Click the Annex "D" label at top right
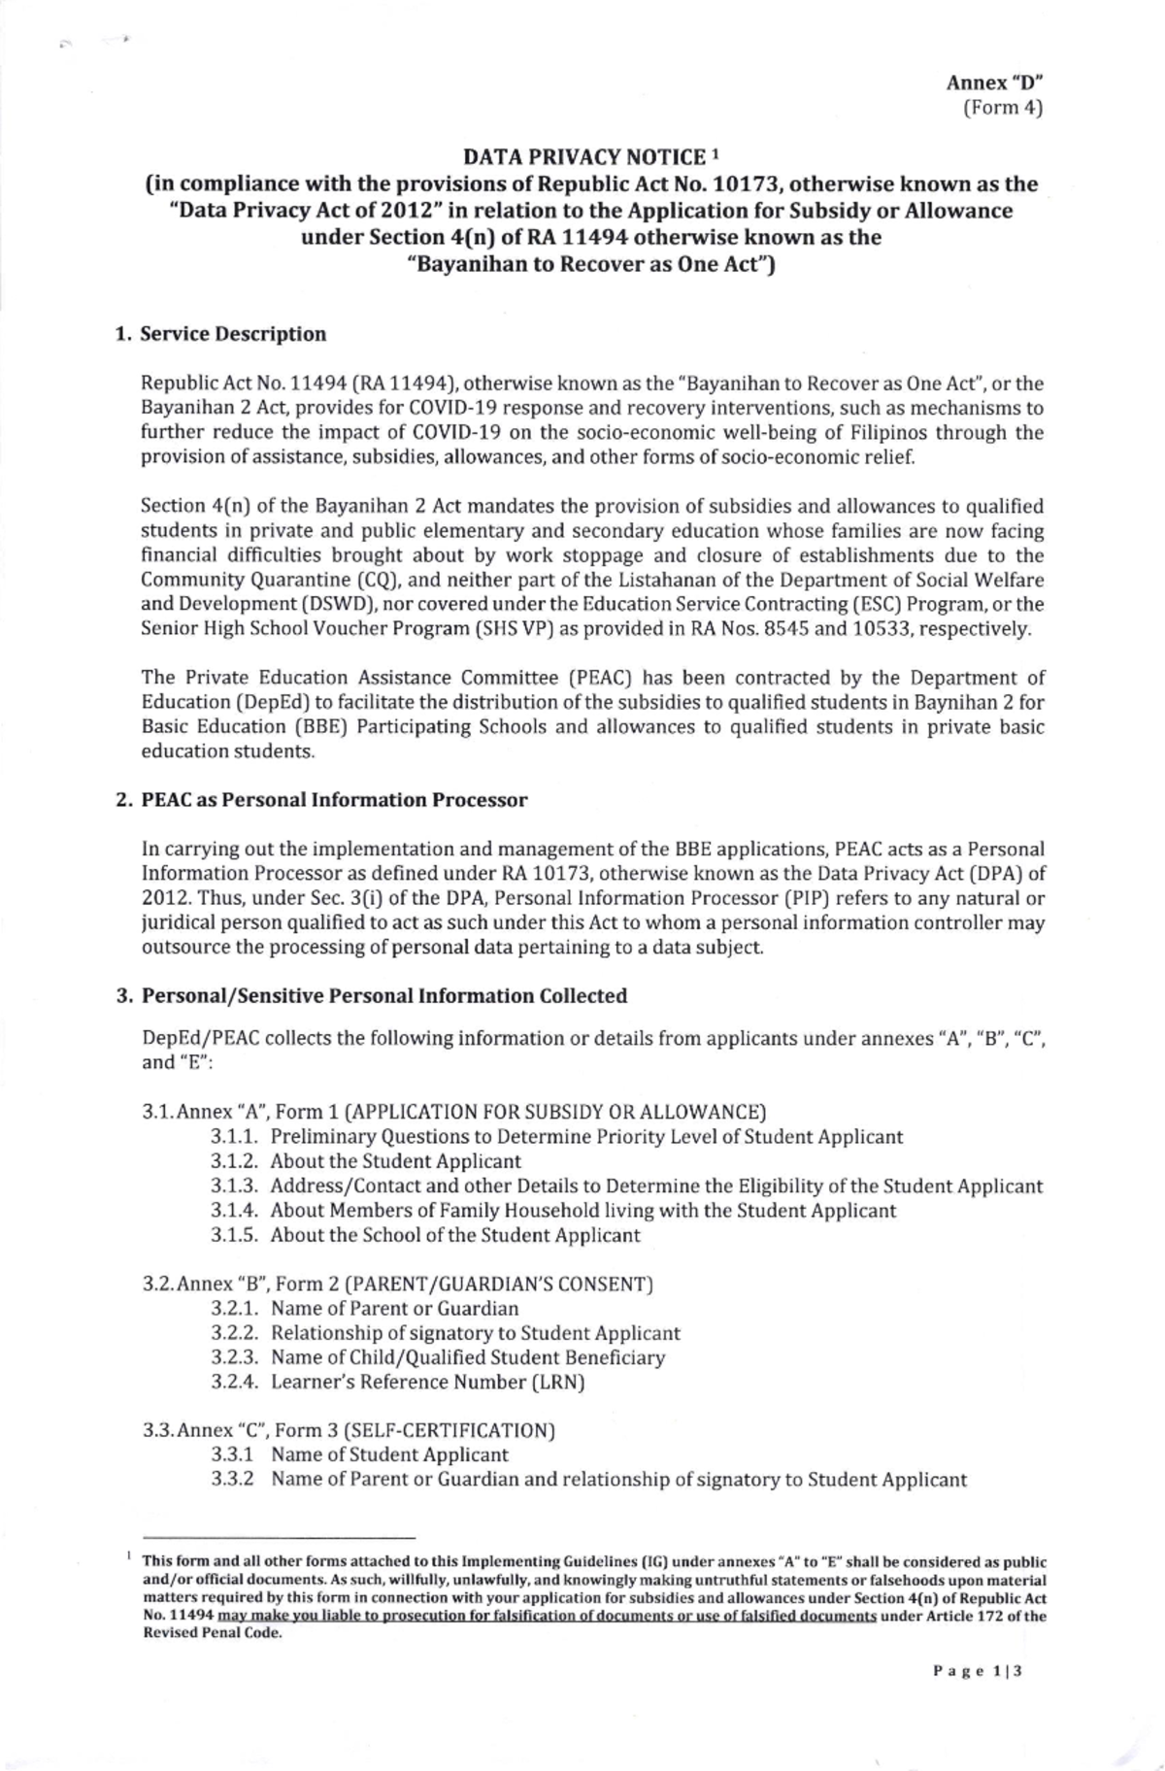pyautogui.click(x=994, y=83)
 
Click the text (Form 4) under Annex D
pyautogui.click(x=1002, y=108)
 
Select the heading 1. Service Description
pyautogui.click(x=221, y=335)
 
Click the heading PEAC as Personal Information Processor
pyautogui.click(x=334, y=801)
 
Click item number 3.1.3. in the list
pyautogui.click(x=236, y=1186)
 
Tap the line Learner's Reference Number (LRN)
pyautogui.click(x=427, y=1383)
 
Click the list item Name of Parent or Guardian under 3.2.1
pyautogui.click(x=394, y=1309)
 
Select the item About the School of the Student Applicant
pyautogui.click(x=455, y=1236)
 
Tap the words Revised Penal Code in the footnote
pyautogui.click(x=212, y=1633)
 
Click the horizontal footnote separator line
pyautogui.click(x=279, y=1538)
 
